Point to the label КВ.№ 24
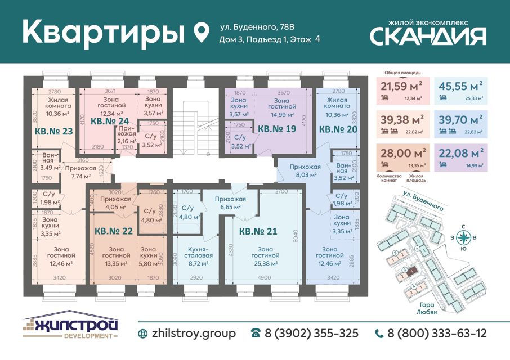110,121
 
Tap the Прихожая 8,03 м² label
305,170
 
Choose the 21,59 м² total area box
402,91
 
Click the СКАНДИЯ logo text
428,36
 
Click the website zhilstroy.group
187,334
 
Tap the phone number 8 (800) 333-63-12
431,334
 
